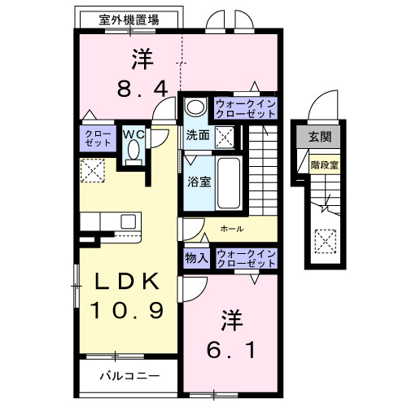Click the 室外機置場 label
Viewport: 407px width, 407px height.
point(129,19)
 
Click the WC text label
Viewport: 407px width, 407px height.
point(133,133)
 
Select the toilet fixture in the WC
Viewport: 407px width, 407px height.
point(134,151)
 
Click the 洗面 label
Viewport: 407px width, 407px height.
point(198,135)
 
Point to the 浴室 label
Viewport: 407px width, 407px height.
point(199,182)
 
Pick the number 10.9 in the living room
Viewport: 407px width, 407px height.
point(127,311)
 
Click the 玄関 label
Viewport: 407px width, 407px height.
point(321,137)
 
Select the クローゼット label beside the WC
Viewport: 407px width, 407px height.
point(98,137)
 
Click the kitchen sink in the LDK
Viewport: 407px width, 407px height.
point(129,221)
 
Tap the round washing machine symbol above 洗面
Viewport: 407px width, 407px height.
point(195,107)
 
